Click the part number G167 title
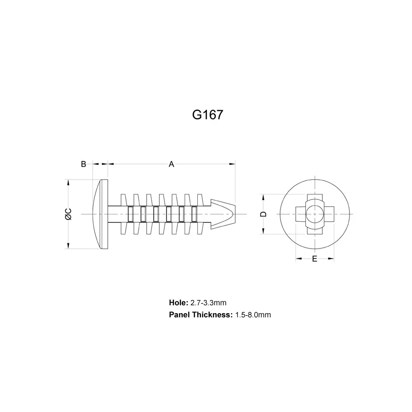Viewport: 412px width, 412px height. [207, 114]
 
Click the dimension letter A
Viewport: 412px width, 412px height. [171, 164]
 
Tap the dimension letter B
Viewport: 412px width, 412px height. [83, 164]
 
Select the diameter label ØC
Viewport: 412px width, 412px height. [68, 214]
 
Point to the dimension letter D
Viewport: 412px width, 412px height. [264, 214]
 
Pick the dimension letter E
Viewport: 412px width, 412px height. [314, 259]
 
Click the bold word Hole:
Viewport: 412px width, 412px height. [178, 303]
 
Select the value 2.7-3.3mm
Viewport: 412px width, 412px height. [208, 303]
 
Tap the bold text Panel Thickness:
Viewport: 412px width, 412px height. [201, 315]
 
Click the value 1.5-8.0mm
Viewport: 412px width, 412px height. [253, 315]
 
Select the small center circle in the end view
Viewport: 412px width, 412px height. [314, 214]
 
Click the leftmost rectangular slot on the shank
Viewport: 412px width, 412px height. [131, 214]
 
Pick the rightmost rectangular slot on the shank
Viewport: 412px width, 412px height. [194, 214]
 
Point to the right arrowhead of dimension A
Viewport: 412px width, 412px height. [232, 164]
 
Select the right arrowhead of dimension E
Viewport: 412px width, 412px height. [331, 259]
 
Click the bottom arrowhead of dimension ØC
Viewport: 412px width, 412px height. [68, 246]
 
